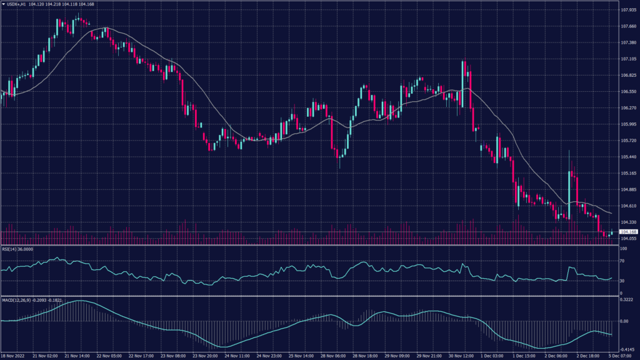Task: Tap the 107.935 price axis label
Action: coord(628,10)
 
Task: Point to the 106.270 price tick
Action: coord(628,107)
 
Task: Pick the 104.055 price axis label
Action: coord(628,238)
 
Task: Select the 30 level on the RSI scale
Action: coord(622,281)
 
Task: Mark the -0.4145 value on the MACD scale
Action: coord(627,349)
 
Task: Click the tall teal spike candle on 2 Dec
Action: coord(569,187)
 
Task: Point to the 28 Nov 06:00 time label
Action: coord(334,355)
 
